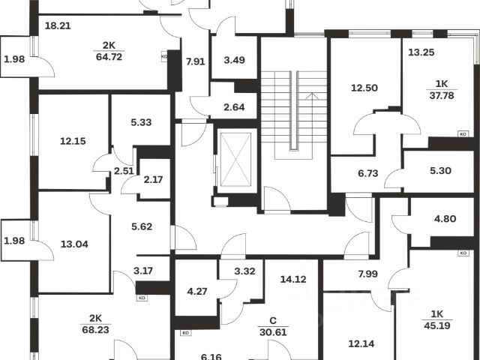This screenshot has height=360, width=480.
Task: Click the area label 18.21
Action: [58, 25]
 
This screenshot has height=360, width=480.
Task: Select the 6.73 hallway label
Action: [368, 173]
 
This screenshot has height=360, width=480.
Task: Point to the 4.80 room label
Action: [445, 220]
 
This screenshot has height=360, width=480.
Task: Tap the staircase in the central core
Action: [294, 112]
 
